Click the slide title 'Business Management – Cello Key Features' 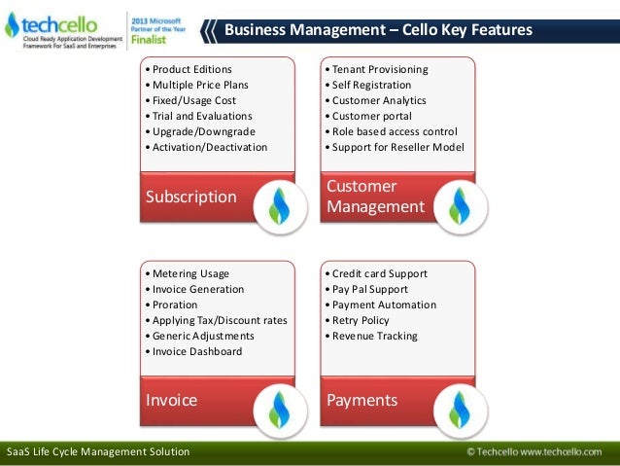pos(378,30)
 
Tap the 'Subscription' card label pos(190,197)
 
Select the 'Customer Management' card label pos(375,197)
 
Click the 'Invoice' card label pos(171,400)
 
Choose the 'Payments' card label pos(362,400)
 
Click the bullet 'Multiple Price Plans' pos(189,85)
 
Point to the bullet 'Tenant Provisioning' pos(379,69)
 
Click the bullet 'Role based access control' pos(394,131)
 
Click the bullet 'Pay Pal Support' pos(369,289)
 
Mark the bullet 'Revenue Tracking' pos(374,336)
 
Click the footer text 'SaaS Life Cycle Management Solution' pos(98,452)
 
